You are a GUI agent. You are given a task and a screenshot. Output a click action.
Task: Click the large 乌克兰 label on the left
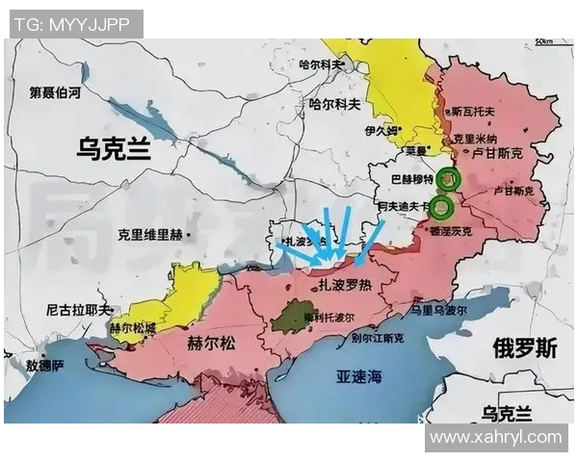(114, 147)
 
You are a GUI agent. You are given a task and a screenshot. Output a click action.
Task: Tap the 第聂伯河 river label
(55, 93)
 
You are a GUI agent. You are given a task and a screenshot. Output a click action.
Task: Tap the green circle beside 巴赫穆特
(446, 178)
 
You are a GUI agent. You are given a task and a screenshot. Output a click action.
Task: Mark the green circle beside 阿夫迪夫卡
(442, 206)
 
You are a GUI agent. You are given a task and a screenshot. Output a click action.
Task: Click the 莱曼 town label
(415, 151)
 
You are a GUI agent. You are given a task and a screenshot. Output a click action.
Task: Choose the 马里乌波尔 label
(438, 311)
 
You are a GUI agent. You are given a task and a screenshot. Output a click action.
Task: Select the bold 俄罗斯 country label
(524, 347)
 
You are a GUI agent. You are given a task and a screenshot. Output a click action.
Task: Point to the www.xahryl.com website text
(495, 437)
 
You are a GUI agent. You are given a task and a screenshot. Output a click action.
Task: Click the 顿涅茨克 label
(453, 232)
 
